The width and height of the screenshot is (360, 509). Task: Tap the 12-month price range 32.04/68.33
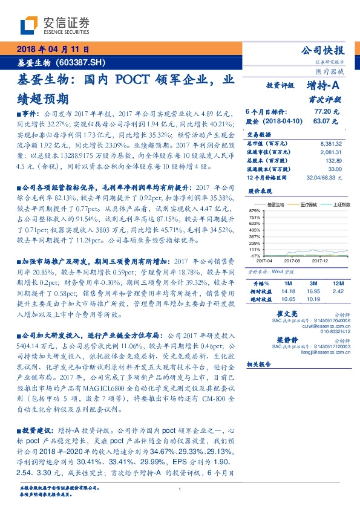click(x=324, y=177)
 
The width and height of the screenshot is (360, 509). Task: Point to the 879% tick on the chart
click(x=254, y=209)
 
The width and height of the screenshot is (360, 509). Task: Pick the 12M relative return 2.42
click(x=338, y=291)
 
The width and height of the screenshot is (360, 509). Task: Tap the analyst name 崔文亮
click(x=303, y=315)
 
